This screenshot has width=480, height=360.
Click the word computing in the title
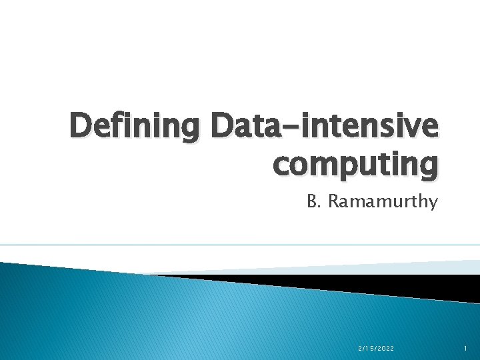tap(355, 164)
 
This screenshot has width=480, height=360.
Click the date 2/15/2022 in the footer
tap(376, 348)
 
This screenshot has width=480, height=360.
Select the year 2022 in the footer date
tap(385, 348)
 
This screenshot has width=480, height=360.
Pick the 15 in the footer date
tap(367, 348)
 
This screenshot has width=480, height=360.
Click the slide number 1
tap(465, 348)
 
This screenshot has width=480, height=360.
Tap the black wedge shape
tap(373, 285)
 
